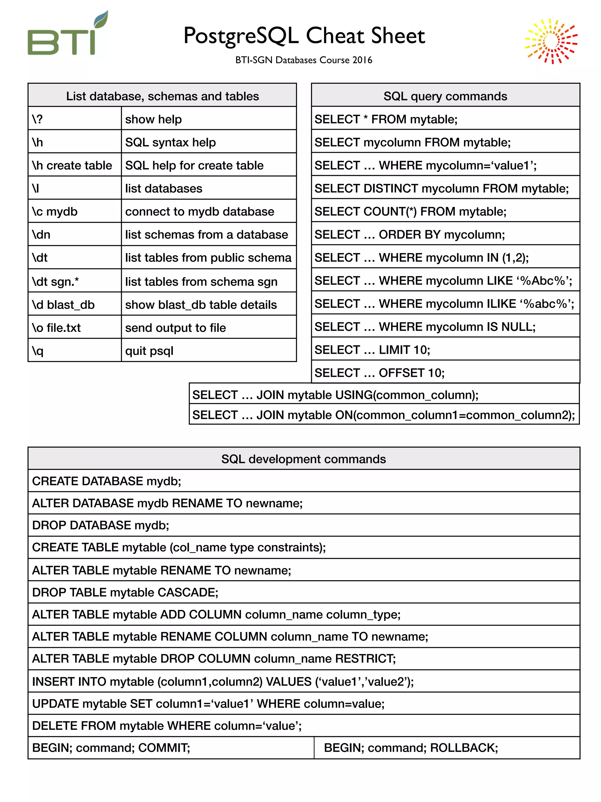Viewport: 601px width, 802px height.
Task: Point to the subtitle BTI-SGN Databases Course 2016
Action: pyautogui.click(x=303, y=60)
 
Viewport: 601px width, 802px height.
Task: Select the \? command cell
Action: pyautogui.click(x=74, y=119)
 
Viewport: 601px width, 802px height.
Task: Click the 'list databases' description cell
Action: pyautogui.click(x=208, y=188)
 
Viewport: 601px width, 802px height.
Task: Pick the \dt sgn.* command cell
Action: pyautogui.click(x=74, y=281)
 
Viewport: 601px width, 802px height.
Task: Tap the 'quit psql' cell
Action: pyautogui.click(x=208, y=351)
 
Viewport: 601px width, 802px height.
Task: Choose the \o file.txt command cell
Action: pyautogui.click(x=74, y=327)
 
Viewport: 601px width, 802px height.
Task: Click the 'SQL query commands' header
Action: pyautogui.click(x=445, y=96)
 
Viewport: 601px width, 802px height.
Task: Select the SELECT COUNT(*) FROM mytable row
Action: pyautogui.click(x=445, y=211)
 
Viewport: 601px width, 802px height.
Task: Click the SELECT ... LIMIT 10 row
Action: pyautogui.click(x=445, y=349)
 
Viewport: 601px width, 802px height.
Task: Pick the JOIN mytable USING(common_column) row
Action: pyautogui.click(x=384, y=394)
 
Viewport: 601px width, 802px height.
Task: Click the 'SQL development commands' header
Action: pyautogui.click(x=303, y=459)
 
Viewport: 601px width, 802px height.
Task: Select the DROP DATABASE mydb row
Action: pyautogui.click(x=303, y=525)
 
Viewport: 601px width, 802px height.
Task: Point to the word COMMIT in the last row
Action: pyautogui.click(x=163, y=748)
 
